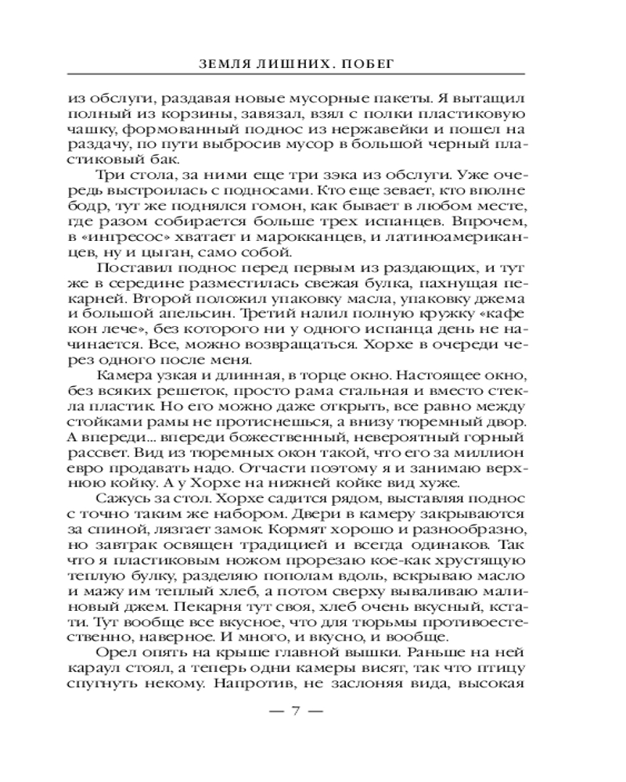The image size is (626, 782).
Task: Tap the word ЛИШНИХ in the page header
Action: pos(306,59)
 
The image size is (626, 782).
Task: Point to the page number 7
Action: pos(297,711)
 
